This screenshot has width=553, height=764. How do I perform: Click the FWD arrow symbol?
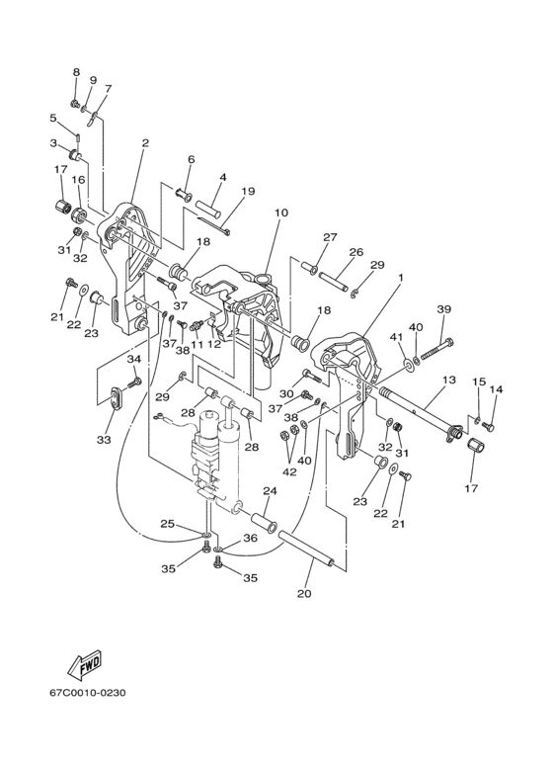tap(85, 663)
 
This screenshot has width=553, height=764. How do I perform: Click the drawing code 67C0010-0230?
tap(87, 692)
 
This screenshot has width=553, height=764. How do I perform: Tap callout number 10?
tap(280, 212)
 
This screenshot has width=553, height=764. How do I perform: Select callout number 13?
tap(449, 380)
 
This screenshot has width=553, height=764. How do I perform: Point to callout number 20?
tap(304, 593)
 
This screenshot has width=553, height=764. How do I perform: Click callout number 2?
tap(145, 142)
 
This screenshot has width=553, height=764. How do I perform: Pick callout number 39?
tap(444, 309)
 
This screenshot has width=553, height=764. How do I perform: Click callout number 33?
tap(104, 440)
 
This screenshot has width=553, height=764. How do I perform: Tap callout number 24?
tap(270, 490)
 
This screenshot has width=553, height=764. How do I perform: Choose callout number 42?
tap(289, 471)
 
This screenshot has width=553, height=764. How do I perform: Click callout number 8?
tap(76, 72)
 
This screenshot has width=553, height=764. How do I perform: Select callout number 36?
tap(250, 539)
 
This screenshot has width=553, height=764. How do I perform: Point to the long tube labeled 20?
tap(306, 550)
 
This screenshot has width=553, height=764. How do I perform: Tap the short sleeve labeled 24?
tap(265, 521)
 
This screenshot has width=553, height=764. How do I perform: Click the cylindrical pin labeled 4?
tap(208, 208)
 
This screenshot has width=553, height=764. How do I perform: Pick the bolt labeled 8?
tap(75, 104)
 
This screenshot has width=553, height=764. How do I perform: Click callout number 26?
tap(356, 252)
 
